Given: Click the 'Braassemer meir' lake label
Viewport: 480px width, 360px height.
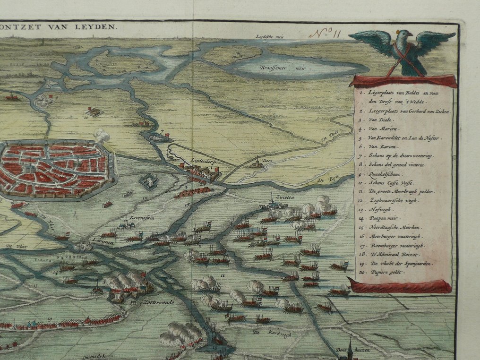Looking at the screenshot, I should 276,68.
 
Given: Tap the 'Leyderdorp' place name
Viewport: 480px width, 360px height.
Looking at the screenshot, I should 203,160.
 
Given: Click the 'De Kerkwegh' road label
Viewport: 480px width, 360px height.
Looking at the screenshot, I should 264,333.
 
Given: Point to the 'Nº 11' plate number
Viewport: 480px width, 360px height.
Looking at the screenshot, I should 326,34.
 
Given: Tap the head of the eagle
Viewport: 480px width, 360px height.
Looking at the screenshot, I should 404,35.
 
